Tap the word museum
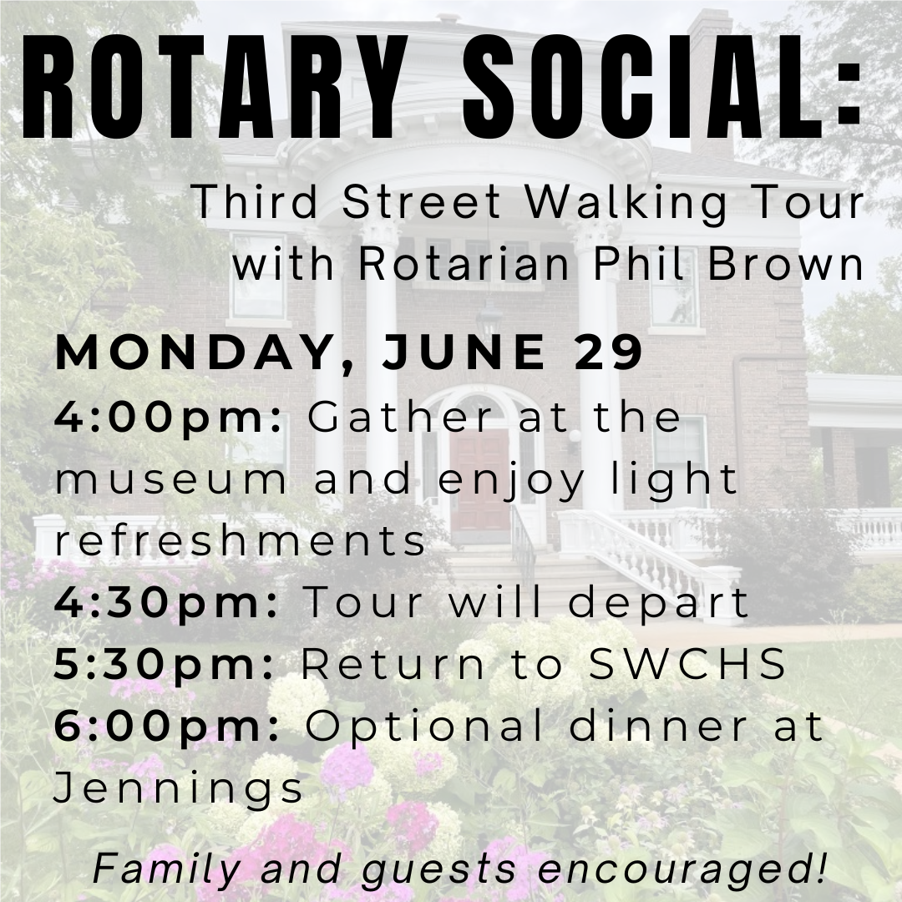171,480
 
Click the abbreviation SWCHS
688,663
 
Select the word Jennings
179,788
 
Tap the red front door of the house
479,481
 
